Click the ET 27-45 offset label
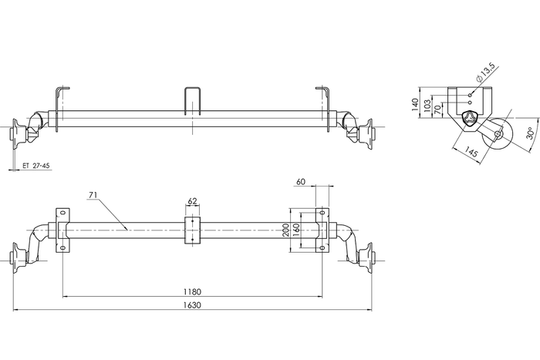coord(36,165)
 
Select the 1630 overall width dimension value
coord(192,305)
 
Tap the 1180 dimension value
coord(192,291)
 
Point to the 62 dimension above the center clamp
coord(192,201)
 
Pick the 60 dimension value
coord(300,182)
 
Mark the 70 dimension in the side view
coord(439,110)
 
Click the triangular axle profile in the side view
coord(472,119)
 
